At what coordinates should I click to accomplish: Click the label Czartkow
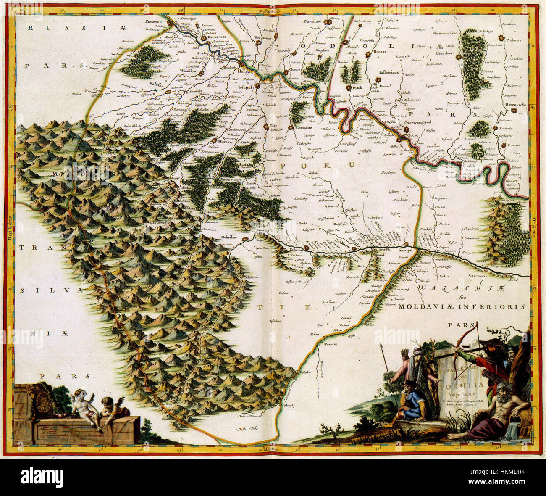coord(447,53)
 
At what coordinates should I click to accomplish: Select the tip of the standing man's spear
coord(381,346)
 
